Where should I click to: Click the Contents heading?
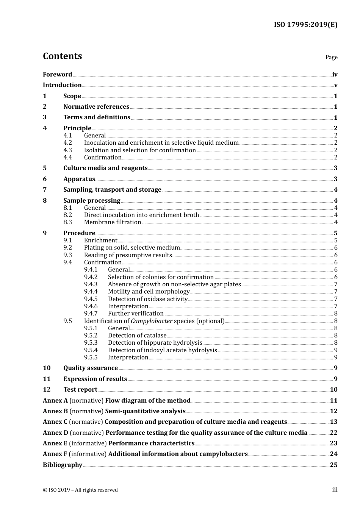click(x=62, y=56)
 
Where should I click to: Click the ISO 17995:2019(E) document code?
click(x=305, y=25)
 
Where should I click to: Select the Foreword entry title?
click(x=57, y=75)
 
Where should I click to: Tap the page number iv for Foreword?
click(x=335, y=75)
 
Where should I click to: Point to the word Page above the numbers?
click(x=331, y=57)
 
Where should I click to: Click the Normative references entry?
click(x=96, y=107)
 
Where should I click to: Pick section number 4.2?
click(x=67, y=143)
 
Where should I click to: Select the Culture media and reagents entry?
click(x=105, y=168)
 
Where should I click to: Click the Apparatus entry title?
click(x=79, y=179)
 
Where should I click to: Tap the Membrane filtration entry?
click(x=113, y=222)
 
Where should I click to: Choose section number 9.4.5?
click(x=91, y=299)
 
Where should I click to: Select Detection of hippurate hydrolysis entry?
click(x=155, y=343)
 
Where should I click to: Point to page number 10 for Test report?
click(x=333, y=390)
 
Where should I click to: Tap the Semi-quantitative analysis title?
click(x=145, y=411)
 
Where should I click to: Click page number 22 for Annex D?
click(x=333, y=433)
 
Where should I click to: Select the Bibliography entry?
click(x=63, y=465)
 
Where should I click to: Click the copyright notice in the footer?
click(x=80, y=490)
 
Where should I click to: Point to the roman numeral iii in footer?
click(x=335, y=490)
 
